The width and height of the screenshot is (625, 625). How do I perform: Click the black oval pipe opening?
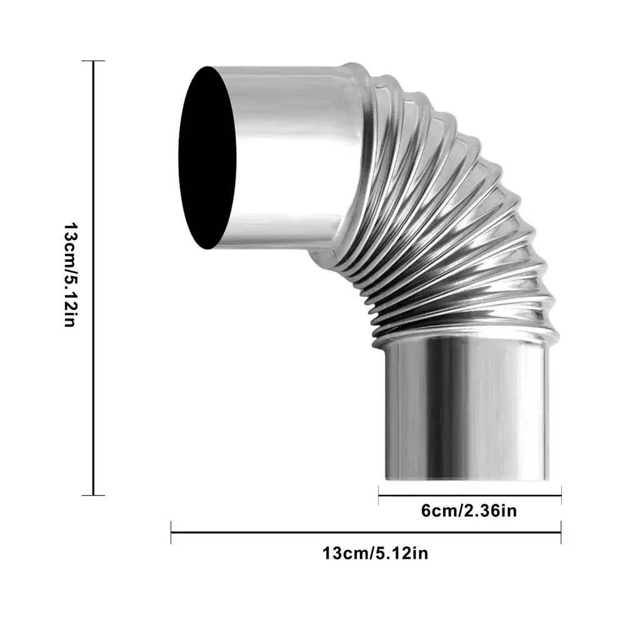(207, 157)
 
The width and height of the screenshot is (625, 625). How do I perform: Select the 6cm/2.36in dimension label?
(469, 511)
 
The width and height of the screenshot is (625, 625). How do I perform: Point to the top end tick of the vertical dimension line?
(93, 61)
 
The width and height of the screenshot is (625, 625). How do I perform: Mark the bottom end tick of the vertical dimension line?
(93, 495)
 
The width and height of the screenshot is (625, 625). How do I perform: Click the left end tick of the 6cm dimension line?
(379, 496)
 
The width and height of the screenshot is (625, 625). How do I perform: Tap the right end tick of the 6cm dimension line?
(561, 496)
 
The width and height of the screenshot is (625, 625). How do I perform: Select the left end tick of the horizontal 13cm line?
(171, 532)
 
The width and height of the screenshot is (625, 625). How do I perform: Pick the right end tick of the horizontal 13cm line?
(561, 532)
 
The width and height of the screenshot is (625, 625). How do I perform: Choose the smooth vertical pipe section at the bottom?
(466, 412)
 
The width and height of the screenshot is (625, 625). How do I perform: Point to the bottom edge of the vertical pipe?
(466, 479)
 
